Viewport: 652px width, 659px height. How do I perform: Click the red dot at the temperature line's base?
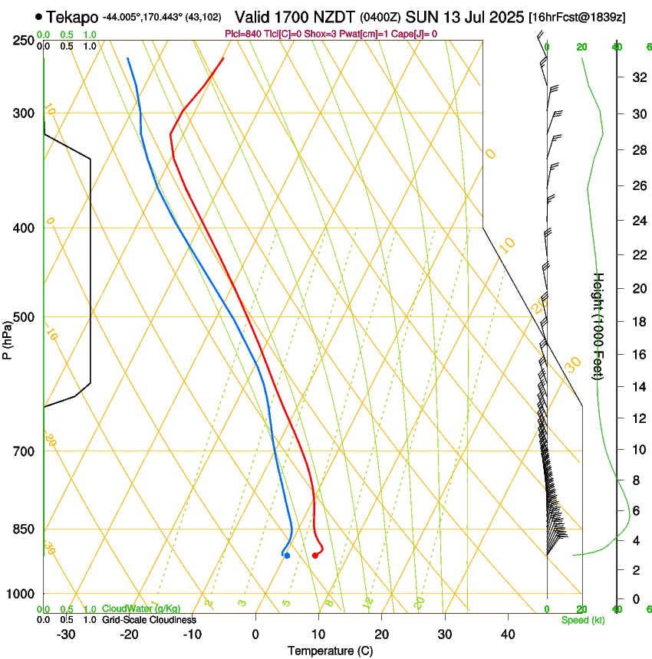[315, 556]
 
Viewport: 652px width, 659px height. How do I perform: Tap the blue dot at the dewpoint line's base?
[287, 556]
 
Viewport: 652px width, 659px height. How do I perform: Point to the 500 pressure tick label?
[25, 317]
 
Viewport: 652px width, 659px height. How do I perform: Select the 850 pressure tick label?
[25, 529]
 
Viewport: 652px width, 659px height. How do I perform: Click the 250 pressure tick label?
[25, 40]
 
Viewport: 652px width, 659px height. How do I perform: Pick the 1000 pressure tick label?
[21, 594]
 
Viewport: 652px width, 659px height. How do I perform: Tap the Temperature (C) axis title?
[330, 651]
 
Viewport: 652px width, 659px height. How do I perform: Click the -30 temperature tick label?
[66, 634]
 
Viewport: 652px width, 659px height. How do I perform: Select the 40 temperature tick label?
[508, 634]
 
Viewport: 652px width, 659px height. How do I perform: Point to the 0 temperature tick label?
[255, 634]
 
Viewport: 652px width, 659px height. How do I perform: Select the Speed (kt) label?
[582, 620]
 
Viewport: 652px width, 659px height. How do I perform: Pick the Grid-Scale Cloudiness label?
[149, 620]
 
